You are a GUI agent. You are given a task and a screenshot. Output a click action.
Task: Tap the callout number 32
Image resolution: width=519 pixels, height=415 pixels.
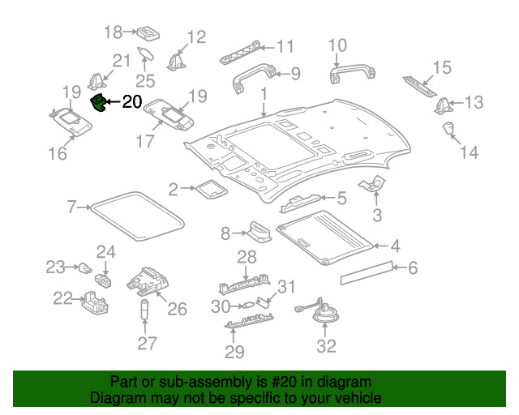(x=325, y=346)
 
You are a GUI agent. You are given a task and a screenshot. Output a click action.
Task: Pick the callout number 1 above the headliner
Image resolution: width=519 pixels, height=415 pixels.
(x=264, y=96)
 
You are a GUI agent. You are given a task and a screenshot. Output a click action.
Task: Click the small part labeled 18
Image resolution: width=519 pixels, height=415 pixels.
(x=147, y=33)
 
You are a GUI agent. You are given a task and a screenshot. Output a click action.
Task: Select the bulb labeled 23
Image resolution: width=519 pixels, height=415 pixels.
(x=83, y=267)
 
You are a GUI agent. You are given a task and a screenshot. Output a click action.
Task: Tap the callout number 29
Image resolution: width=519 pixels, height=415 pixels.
(x=234, y=351)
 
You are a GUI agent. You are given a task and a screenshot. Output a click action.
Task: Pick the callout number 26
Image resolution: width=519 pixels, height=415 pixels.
(x=177, y=308)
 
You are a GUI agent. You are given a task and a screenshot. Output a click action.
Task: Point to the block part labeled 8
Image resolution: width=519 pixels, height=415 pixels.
(x=259, y=233)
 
